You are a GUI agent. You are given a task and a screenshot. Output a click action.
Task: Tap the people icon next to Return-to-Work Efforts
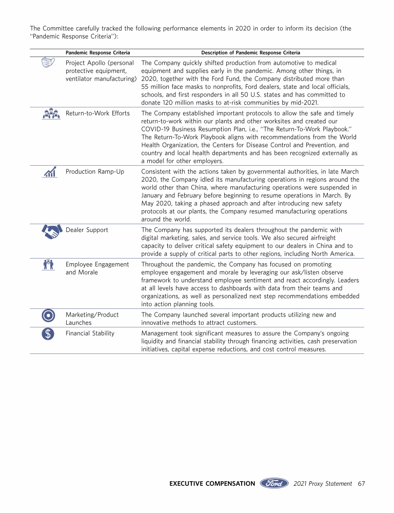coord(49,114)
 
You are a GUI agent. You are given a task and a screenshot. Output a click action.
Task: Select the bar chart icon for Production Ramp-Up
coord(50,172)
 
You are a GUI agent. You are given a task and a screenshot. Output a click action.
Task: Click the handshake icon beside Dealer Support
coord(50,231)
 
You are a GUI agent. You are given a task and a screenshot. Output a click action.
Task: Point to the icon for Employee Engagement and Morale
coord(49,265)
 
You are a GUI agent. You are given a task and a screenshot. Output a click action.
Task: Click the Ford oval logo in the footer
coord(274,483)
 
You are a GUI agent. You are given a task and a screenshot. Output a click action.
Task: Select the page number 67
coord(361,483)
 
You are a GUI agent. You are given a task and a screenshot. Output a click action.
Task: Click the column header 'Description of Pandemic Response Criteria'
coord(251,53)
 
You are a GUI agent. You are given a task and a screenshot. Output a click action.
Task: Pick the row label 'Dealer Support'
coord(87,230)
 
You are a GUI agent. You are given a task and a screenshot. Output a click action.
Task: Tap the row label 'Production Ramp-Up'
coord(95,171)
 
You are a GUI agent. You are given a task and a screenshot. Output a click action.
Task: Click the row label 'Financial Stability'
coord(90,333)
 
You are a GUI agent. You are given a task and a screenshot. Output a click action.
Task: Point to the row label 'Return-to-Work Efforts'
coord(97,113)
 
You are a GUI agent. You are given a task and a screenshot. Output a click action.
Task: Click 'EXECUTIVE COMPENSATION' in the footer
coord(212,483)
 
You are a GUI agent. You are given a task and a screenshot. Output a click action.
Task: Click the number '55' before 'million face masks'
coord(145,87)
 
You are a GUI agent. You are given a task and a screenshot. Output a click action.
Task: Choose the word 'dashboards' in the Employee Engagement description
coord(228,288)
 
